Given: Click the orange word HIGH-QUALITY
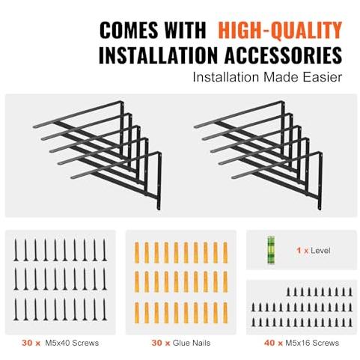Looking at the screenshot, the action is [280, 31].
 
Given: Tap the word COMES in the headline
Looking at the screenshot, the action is [129, 31].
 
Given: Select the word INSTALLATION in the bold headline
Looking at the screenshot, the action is [158, 55].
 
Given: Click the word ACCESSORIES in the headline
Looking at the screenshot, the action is [283, 55].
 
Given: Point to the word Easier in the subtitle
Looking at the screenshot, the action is [323, 77].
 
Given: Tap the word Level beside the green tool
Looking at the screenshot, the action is [320, 250].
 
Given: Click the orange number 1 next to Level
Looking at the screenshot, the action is [299, 250].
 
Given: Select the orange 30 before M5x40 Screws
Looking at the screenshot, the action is [27, 343].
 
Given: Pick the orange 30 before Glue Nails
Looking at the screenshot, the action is [157, 343].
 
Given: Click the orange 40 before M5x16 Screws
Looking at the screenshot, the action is [270, 343].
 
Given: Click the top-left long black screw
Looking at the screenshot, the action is [16, 250].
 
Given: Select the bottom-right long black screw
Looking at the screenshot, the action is [105, 309].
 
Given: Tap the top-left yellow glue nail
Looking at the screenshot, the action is [137, 252].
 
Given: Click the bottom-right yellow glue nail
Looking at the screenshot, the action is [225, 313].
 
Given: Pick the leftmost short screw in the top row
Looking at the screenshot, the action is [289, 292].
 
